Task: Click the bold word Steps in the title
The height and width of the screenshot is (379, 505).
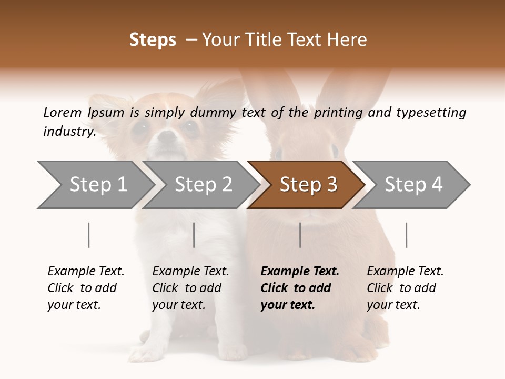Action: (153, 40)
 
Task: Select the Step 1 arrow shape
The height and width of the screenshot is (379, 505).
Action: (95, 185)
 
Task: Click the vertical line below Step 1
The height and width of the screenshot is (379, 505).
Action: (89, 235)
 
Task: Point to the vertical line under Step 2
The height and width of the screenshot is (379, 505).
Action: (194, 235)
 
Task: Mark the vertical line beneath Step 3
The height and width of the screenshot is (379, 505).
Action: (300, 235)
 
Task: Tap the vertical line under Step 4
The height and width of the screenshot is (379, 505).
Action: (407, 235)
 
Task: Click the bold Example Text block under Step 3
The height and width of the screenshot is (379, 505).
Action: (300, 288)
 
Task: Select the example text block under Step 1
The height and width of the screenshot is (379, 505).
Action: (86, 288)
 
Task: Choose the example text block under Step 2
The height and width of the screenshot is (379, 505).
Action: (190, 288)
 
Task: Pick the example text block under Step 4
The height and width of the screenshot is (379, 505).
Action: (405, 288)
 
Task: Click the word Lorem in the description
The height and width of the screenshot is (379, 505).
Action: (62, 112)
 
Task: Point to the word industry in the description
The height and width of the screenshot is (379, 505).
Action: (69, 132)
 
